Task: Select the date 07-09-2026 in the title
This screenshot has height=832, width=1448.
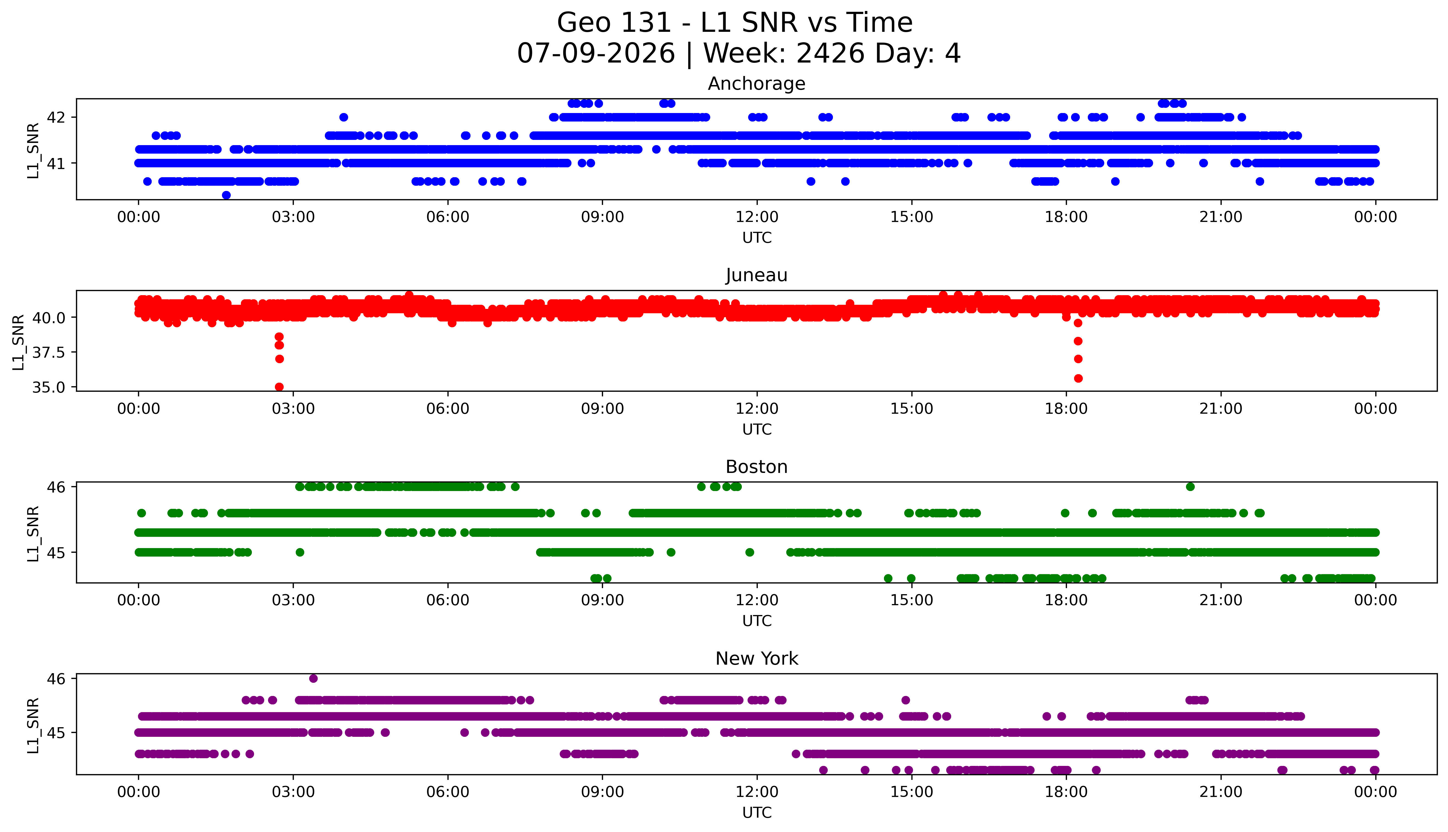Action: (x=596, y=54)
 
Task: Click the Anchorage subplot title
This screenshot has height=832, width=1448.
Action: (x=757, y=84)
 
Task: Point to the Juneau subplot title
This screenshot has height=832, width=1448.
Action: (x=757, y=275)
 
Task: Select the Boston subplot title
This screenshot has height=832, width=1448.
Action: (x=757, y=467)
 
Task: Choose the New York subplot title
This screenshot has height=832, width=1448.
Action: (x=757, y=659)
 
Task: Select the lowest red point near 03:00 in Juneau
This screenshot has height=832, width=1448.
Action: (x=280, y=387)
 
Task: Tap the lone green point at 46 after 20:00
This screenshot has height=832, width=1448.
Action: (x=1190, y=487)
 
